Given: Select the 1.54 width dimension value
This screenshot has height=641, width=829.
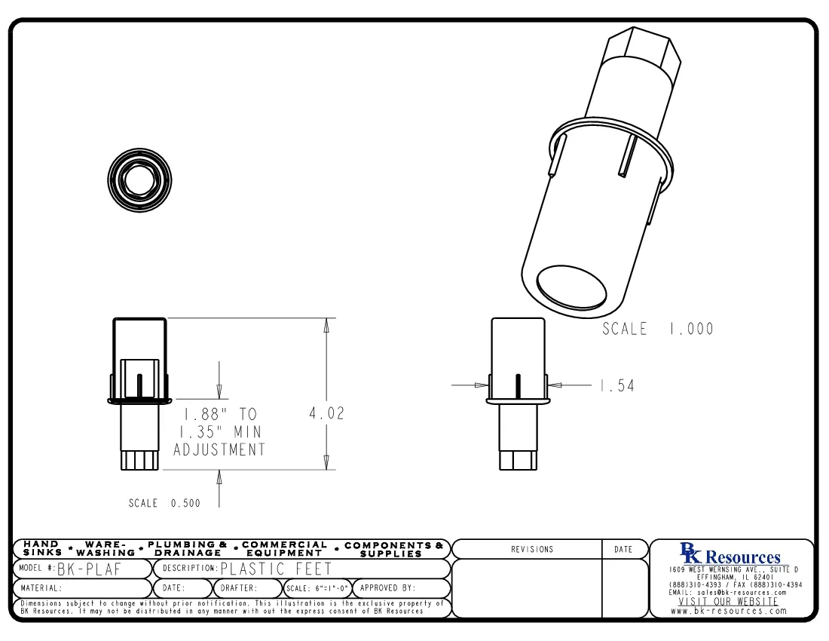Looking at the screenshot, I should pos(616,386).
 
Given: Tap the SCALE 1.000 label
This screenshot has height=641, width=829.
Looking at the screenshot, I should pos(657,329).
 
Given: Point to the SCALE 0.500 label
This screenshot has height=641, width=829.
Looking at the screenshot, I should pos(164,504).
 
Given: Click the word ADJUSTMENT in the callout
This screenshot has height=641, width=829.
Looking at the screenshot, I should pos(219,450).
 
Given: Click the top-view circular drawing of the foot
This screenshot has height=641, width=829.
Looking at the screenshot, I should pos(139,180).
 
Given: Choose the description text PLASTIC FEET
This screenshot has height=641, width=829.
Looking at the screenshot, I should pos(275,569).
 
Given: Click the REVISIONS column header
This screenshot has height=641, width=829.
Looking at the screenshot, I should pos(531,550).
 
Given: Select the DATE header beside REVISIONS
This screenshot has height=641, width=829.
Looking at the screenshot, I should pos(623,550).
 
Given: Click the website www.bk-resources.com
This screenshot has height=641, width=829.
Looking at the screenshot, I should pos(729,611).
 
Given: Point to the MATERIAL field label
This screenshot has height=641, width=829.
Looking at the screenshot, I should pos(41,588).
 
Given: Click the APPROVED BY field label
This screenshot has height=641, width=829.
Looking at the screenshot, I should pos(387,588).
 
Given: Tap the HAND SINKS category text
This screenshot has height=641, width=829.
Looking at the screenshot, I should pos(42,548).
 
